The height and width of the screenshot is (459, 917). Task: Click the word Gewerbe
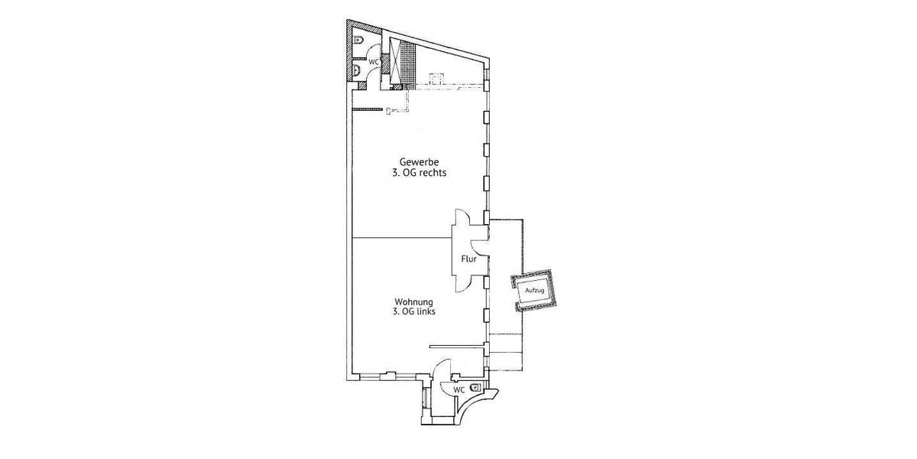click(417, 161)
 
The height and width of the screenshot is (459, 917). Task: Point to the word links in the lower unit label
click(427, 312)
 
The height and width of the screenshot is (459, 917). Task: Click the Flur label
click(468, 259)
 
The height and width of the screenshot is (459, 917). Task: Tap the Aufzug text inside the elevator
click(534, 291)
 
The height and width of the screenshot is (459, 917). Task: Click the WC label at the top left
click(374, 60)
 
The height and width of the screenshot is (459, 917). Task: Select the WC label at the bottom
click(458, 390)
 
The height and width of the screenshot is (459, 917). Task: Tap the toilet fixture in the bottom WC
click(476, 388)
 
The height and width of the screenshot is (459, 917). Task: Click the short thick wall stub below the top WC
click(366, 109)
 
